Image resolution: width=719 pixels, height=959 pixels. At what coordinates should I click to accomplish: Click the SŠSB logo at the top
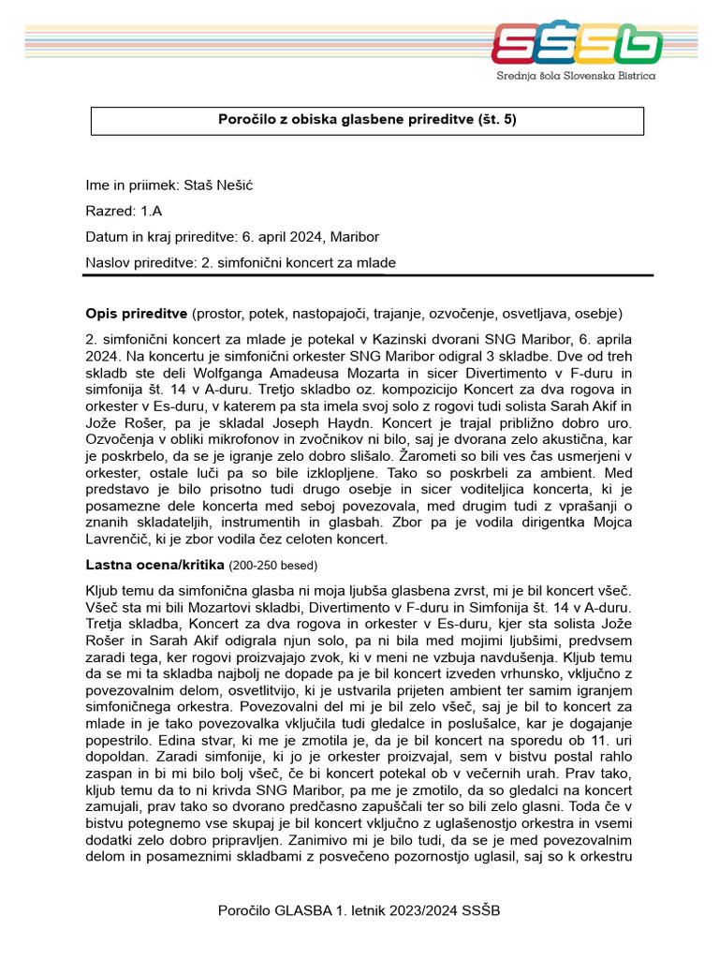[577, 44]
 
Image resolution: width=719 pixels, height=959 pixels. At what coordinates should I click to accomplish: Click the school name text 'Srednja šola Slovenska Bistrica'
[576, 75]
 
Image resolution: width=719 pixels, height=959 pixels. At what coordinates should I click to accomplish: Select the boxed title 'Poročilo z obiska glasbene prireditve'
[367, 120]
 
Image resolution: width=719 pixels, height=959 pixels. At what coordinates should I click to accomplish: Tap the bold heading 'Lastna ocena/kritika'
[154, 565]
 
